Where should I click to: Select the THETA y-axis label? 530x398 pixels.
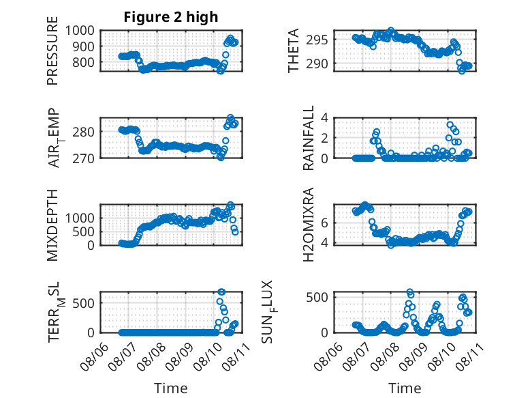294,51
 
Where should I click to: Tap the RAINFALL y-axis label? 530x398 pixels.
309,138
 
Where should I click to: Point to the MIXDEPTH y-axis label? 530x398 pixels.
52,225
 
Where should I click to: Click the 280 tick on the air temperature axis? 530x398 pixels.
88,131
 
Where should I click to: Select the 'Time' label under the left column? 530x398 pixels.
170,388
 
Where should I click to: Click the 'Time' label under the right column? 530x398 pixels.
405,388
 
